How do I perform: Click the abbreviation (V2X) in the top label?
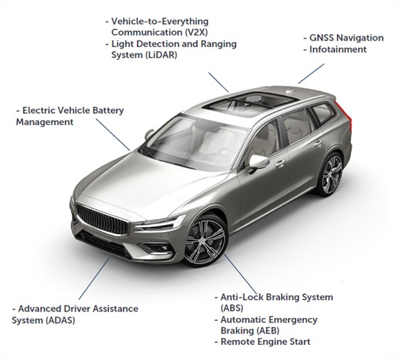(x=195, y=33)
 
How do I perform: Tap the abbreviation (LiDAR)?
(x=161, y=55)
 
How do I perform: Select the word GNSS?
(x=321, y=38)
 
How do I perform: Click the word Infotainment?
(x=338, y=49)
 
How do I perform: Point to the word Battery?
(x=108, y=110)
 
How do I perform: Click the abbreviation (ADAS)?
(x=60, y=320)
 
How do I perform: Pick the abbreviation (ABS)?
(x=232, y=308)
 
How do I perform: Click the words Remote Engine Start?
(x=266, y=342)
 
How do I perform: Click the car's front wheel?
(x=205, y=241)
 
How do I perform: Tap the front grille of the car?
(x=102, y=219)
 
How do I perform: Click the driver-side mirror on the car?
(x=258, y=162)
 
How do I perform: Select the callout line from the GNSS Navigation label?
(x=311, y=73)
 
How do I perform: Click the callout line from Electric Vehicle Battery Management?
(x=113, y=134)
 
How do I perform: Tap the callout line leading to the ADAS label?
(x=95, y=278)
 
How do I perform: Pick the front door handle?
(x=280, y=164)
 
